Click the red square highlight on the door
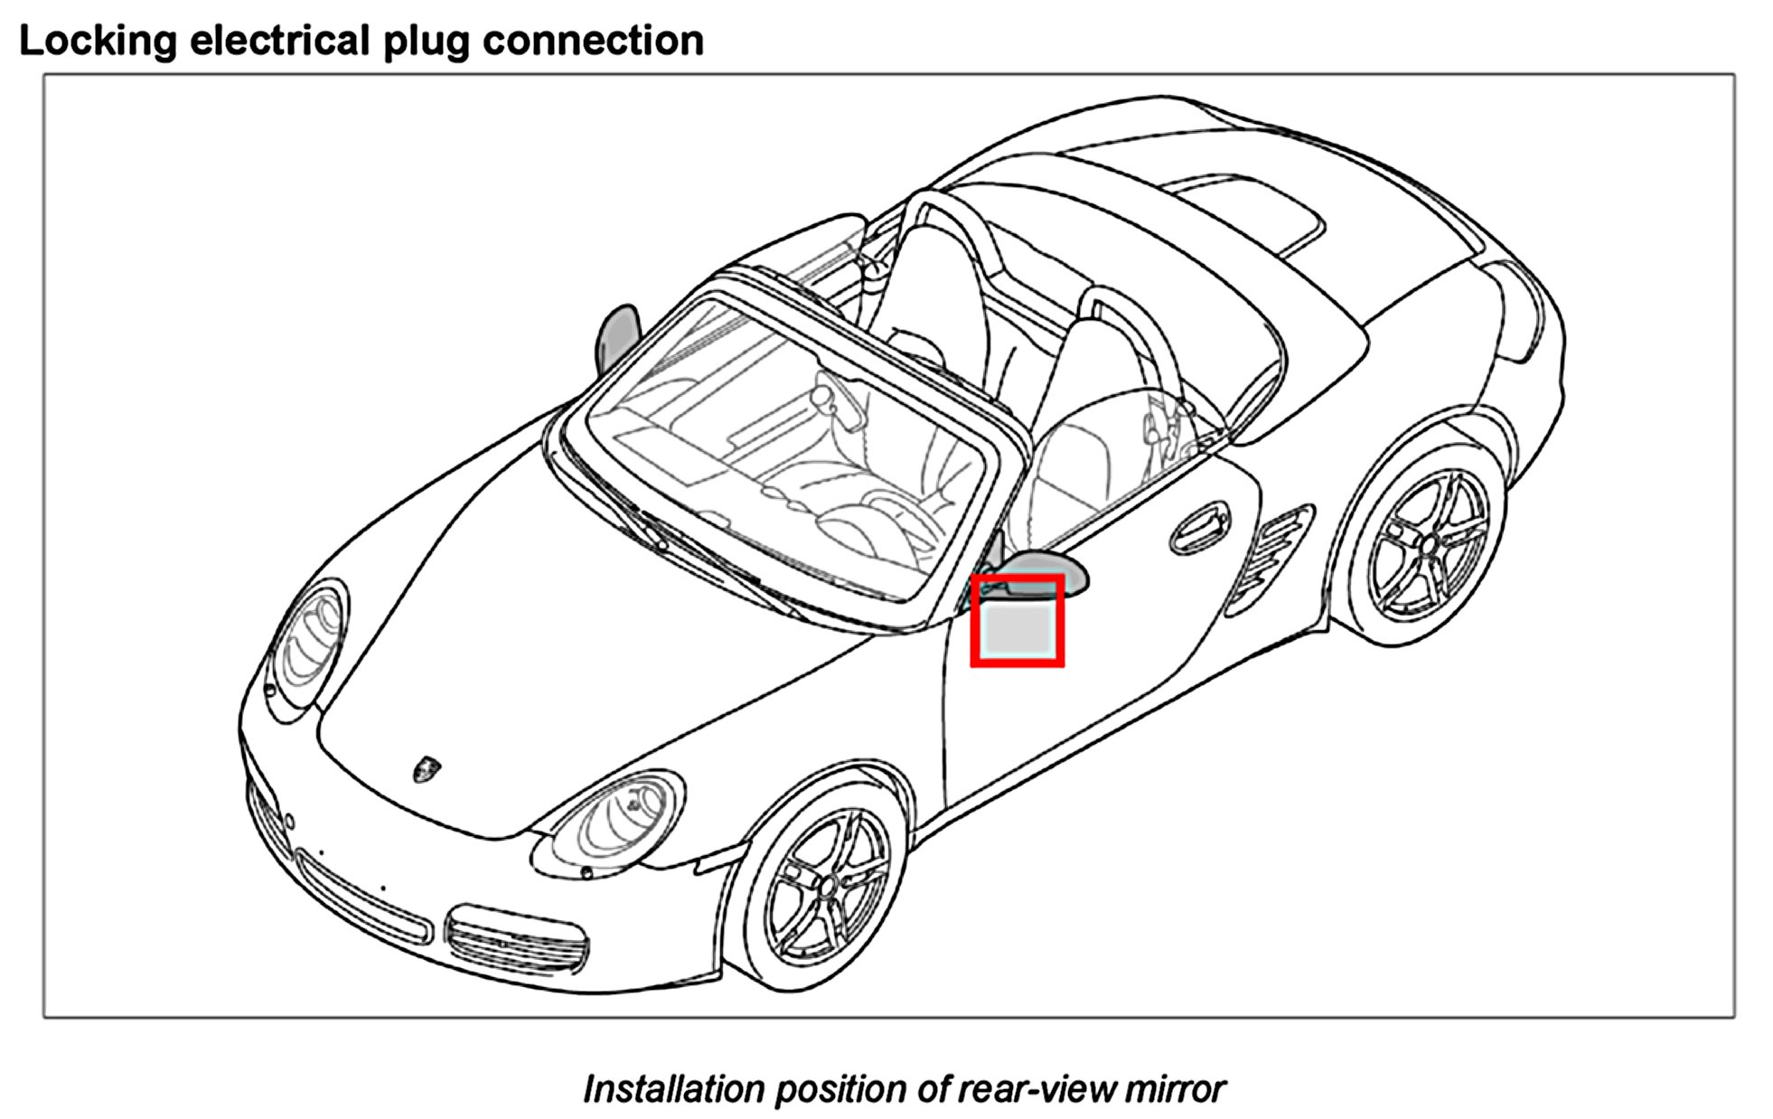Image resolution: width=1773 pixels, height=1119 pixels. (1017, 621)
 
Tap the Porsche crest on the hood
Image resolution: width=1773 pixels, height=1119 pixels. (426, 769)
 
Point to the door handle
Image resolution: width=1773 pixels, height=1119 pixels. (1199, 530)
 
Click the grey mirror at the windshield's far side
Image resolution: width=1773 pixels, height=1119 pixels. (618, 338)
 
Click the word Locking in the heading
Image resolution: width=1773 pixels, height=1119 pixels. (98, 42)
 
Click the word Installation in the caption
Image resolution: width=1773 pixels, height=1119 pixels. (673, 1089)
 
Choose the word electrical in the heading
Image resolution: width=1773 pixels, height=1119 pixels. (280, 42)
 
